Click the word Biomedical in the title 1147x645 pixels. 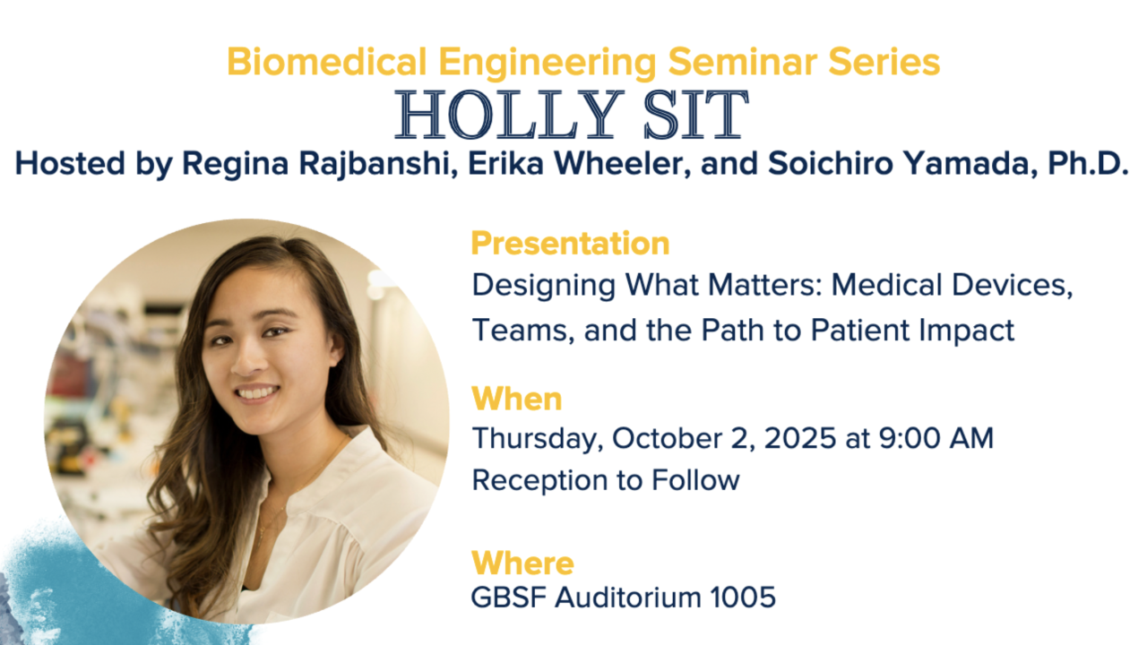(x=327, y=62)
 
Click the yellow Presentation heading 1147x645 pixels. (x=570, y=243)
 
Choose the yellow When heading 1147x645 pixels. (x=517, y=399)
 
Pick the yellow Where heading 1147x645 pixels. (x=522, y=563)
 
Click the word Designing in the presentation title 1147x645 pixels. (x=543, y=286)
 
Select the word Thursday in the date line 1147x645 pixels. (x=537, y=439)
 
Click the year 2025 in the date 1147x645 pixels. (x=800, y=439)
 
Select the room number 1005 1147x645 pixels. (x=744, y=598)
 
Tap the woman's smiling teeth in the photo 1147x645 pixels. (x=256, y=393)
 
